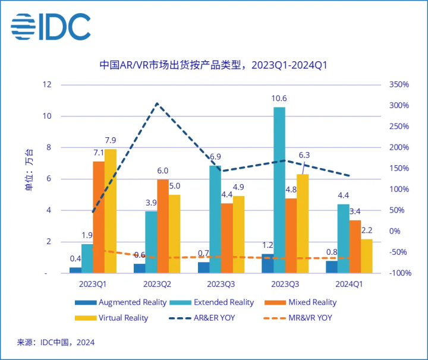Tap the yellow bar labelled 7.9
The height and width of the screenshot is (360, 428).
click(x=111, y=211)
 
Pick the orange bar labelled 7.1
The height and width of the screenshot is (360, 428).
click(x=99, y=217)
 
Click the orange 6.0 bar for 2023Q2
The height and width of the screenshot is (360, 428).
click(x=162, y=226)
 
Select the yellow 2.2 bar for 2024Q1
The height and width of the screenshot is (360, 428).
click(x=367, y=256)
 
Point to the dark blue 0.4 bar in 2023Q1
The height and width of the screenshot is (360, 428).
click(x=75, y=270)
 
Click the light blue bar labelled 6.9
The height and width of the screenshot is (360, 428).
click(x=215, y=219)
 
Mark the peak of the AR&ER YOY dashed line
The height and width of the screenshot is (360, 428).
click(x=157, y=104)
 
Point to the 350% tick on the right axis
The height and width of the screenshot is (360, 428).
click(x=398, y=85)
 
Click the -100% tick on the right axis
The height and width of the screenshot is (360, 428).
click(x=398, y=273)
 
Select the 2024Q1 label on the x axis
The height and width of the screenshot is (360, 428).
click(x=349, y=285)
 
